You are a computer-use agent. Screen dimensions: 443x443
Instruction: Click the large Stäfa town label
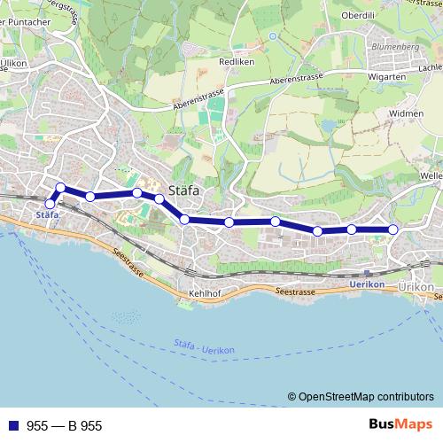tap(183, 190)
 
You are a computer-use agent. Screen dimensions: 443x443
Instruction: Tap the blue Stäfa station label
tap(47, 215)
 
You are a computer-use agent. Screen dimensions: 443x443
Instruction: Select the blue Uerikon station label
tap(367, 284)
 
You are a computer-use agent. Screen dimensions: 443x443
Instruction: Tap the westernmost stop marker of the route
tap(51, 205)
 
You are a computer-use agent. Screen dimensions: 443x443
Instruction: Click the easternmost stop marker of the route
tap(393, 229)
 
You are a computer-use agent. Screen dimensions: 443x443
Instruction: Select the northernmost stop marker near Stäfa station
tap(60, 187)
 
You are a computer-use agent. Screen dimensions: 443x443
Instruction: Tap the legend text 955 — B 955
tap(64, 426)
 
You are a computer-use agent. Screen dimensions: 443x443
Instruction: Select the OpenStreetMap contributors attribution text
tap(363, 398)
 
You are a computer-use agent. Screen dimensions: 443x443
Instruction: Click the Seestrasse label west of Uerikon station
tap(295, 291)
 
